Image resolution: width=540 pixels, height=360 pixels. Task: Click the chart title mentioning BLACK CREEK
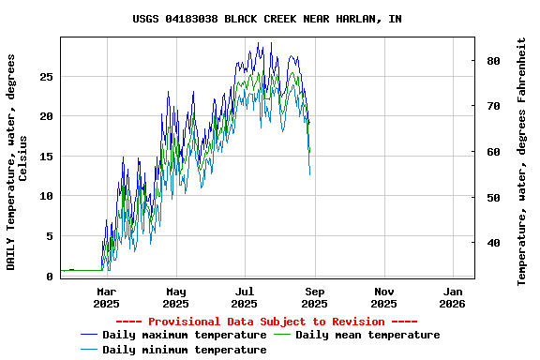[267, 19]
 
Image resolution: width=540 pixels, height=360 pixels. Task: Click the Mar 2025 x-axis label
[106, 297]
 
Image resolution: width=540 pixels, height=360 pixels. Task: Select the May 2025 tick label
[175, 297]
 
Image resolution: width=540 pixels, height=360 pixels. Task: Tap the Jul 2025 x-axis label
[244, 297]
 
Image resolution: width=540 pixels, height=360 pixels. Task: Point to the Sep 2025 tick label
[314, 297]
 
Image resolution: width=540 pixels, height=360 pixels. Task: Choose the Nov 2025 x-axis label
[383, 297]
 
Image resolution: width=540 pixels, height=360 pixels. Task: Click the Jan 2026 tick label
[452, 297]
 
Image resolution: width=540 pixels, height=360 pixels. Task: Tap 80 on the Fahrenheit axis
[494, 61]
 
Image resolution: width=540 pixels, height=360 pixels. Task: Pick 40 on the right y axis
[494, 243]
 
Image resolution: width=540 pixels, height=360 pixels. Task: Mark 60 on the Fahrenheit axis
[494, 152]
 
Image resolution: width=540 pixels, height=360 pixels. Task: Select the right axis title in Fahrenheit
[522, 161]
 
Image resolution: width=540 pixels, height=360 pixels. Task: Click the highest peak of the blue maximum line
[271, 42]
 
